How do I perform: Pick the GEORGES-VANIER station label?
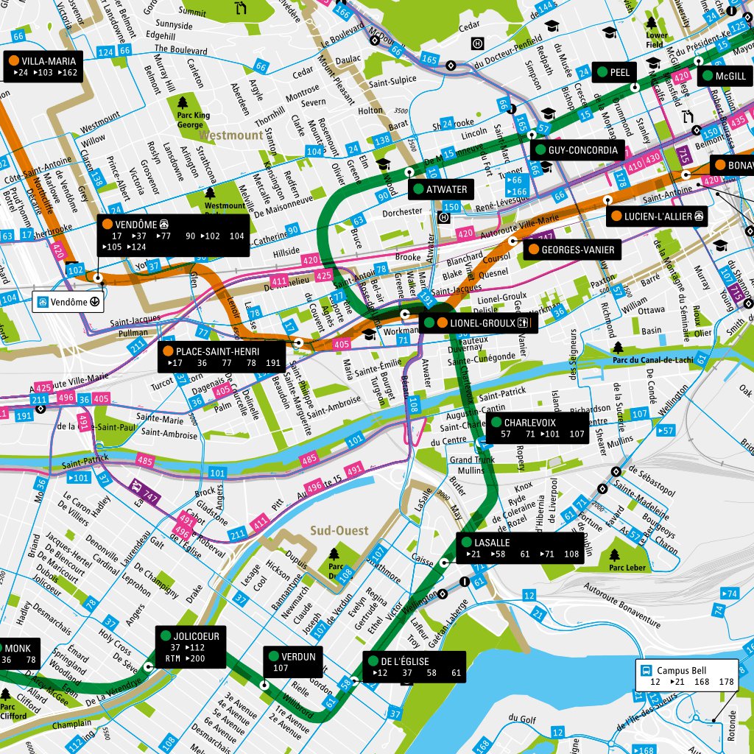pos(571,250)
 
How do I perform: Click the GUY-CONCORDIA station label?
pos(577,150)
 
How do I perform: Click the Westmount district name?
pos(230,136)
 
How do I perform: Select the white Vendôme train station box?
pos(68,302)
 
